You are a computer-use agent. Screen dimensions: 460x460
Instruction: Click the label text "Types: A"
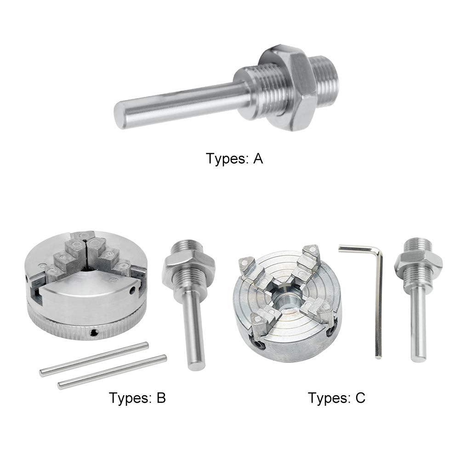pyautogui.click(x=234, y=159)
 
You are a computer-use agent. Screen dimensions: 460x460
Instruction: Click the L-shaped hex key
pyautogui.click(x=378, y=299)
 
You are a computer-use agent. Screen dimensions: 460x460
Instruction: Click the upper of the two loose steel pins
pyautogui.click(x=94, y=359)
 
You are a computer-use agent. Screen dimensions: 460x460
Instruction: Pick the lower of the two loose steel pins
pyautogui.click(x=112, y=372)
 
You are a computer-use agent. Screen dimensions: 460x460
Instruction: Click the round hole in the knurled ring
pyautogui.click(x=95, y=333)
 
